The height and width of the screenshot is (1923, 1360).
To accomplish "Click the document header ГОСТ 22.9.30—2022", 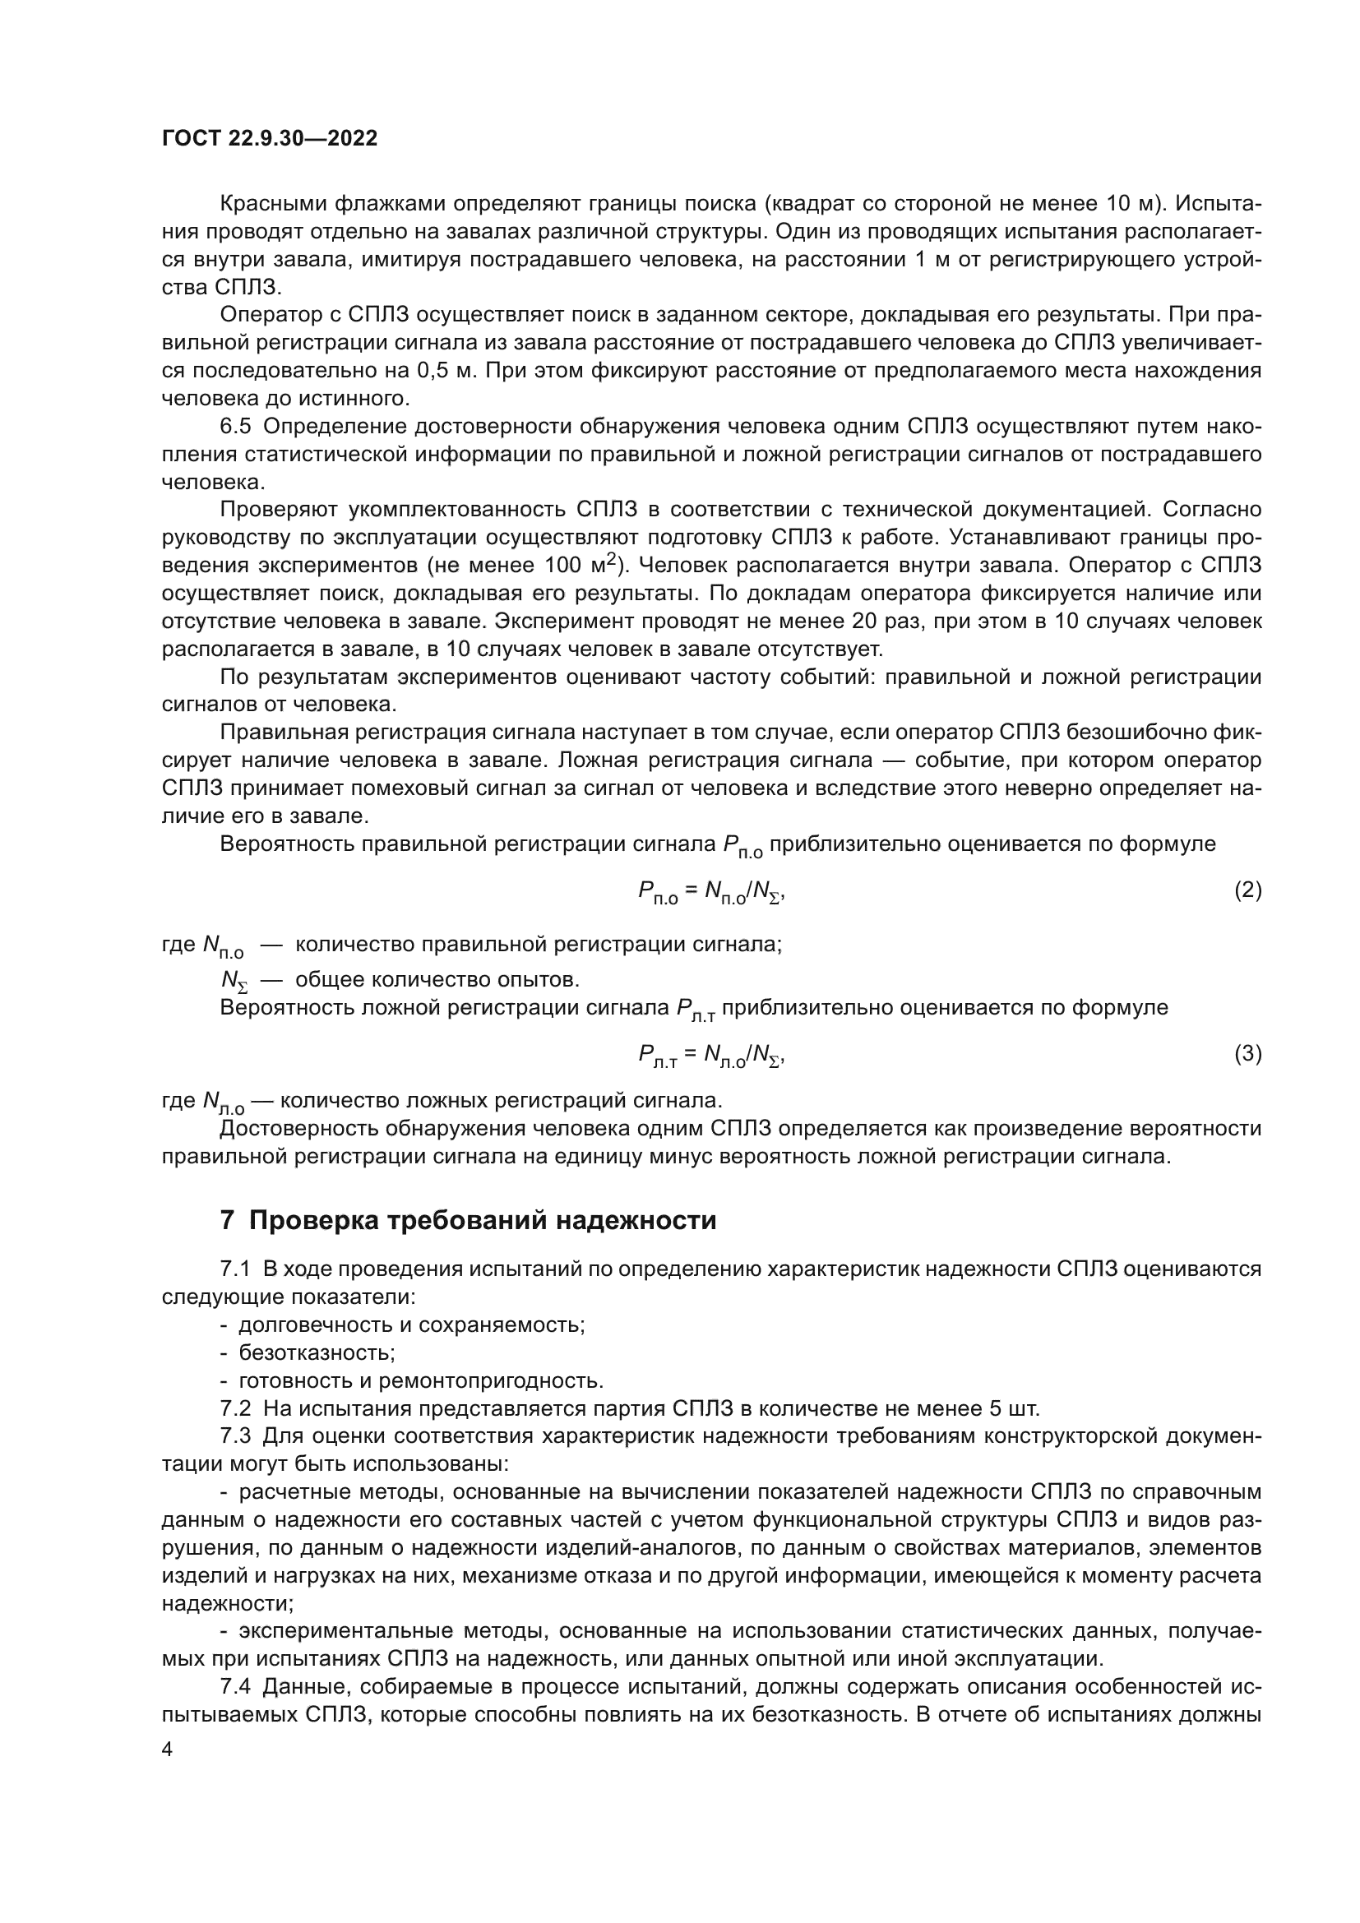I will click(269, 138).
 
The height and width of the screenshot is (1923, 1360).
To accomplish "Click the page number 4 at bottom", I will click(168, 1750).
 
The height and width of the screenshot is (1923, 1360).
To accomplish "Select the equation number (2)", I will click(1248, 890).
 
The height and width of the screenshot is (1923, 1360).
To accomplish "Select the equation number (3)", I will click(1248, 1053).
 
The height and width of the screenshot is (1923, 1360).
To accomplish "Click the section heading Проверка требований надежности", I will click(483, 1220).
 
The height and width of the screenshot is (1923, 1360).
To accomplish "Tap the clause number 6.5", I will click(234, 427).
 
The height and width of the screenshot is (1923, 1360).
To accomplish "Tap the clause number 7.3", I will click(234, 1435).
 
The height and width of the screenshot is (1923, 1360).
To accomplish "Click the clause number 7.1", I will click(234, 1269).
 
